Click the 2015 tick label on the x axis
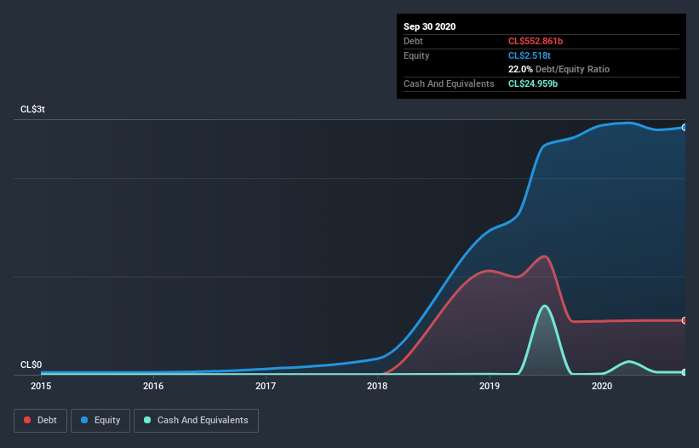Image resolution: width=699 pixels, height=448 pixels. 41,386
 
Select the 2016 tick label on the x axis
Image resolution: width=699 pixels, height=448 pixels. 153,386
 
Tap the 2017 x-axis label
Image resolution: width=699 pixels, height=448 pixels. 266,386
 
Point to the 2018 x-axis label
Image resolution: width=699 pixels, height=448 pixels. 377,386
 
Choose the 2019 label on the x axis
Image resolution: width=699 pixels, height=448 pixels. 490,386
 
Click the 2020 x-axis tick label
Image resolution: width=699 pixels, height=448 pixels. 602,386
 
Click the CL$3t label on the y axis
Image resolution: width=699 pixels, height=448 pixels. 34,110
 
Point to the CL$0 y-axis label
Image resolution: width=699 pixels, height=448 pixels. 32,365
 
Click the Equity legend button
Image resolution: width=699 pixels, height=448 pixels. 100,420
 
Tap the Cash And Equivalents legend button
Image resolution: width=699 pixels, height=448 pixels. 196,420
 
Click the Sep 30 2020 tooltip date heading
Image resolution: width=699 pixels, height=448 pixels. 429,26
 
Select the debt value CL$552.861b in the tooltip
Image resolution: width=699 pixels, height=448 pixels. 536,41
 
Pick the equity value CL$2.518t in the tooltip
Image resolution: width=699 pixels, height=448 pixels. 529,55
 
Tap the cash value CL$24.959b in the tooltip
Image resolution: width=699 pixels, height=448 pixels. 533,83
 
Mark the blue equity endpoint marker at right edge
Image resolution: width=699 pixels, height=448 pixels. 685,127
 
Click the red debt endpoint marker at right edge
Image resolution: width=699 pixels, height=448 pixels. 685,320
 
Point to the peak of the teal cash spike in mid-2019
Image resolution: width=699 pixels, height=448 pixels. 544,306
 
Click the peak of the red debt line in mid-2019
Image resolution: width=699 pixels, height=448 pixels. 543,256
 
